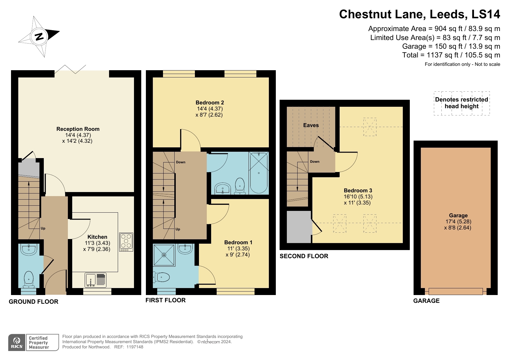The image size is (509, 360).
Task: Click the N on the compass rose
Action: (x=39, y=36)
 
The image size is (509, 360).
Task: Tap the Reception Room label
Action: (x=78, y=129)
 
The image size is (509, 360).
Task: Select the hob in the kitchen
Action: (x=126, y=242)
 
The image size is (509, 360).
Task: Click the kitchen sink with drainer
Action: (x=95, y=280)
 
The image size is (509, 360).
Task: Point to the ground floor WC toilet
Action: (x=29, y=279)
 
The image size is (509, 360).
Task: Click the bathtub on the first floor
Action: (x=258, y=173)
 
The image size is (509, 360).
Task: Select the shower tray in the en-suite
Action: (x=164, y=255)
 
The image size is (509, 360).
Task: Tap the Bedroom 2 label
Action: (x=210, y=103)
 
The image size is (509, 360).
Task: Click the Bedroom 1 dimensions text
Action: (x=238, y=252)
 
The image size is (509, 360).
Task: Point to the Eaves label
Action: (x=311, y=125)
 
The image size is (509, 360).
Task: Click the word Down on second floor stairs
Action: (x=315, y=162)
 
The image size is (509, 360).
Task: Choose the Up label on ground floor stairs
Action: (x=43, y=228)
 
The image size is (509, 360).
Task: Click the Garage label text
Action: (x=458, y=216)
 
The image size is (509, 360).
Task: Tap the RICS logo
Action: (x=17, y=343)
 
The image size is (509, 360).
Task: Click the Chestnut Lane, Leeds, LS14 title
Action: (x=419, y=14)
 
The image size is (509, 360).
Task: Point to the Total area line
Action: (x=451, y=55)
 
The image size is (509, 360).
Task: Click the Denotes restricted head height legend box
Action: (x=461, y=103)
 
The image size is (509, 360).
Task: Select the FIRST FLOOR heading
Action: (x=165, y=300)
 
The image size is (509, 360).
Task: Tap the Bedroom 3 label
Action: (x=358, y=191)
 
